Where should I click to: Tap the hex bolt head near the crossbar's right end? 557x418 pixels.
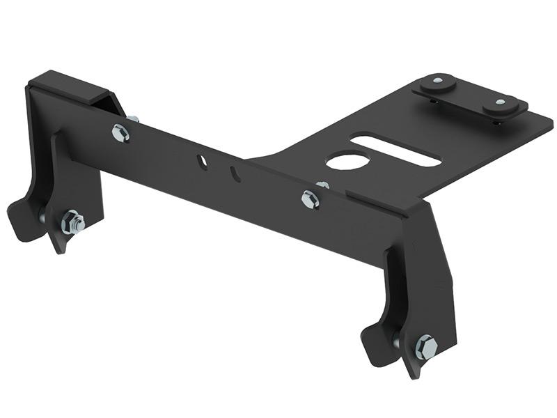[x=310, y=199]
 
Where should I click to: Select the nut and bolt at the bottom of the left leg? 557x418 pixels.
[x=72, y=223]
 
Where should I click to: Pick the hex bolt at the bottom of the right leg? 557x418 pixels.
[x=425, y=346]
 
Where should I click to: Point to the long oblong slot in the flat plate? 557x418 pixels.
[x=395, y=150]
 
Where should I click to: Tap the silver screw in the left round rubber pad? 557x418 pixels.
[x=437, y=82]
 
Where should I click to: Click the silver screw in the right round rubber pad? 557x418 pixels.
[x=500, y=104]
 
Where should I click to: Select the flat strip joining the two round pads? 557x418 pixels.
[x=467, y=98]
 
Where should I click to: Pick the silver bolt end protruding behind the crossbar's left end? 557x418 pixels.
[x=132, y=119]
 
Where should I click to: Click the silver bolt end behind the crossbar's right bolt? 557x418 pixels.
[x=322, y=185]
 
